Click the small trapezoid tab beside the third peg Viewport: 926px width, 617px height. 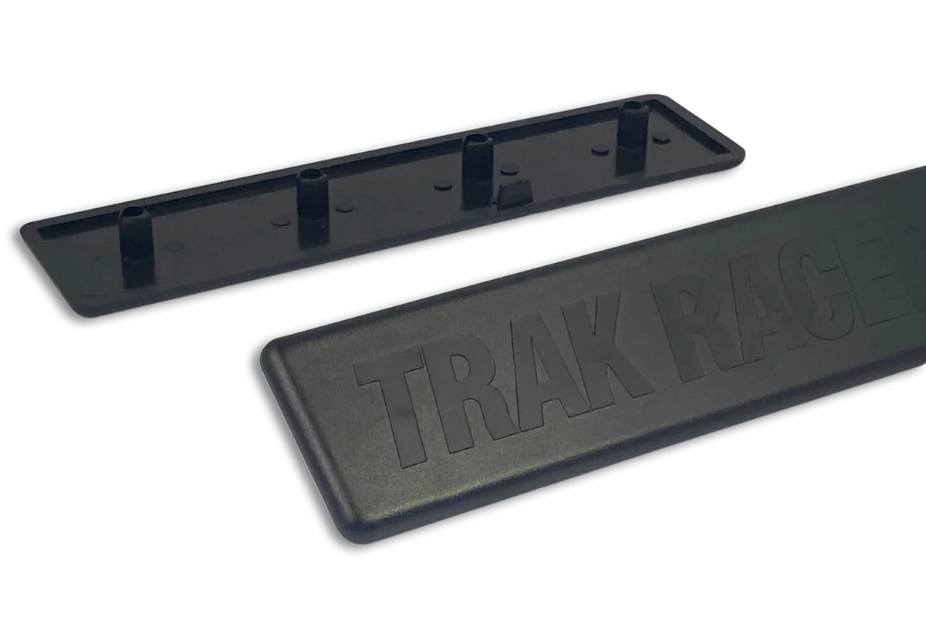point(512,196)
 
